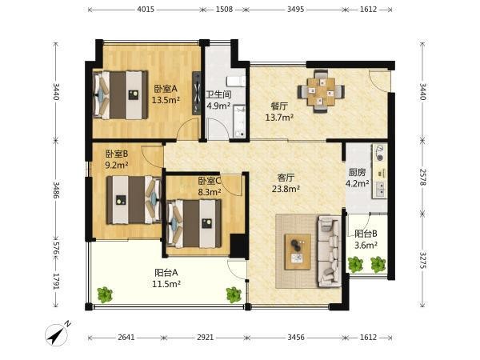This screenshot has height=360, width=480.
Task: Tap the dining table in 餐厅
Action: pyautogui.click(x=321, y=91)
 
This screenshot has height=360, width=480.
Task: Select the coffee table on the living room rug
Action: pyautogui.click(x=298, y=252)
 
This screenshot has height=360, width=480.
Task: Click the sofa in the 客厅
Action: pyautogui.click(x=330, y=251)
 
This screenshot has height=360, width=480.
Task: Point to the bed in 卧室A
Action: pyautogui.click(x=120, y=95)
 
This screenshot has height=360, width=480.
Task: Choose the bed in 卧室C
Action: pyautogui.click(x=194, y=223)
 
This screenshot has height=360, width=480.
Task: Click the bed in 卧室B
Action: pyautogui.click(x=134, y=200)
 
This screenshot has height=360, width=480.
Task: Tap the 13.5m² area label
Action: pyautogui.click(x=166, y=100)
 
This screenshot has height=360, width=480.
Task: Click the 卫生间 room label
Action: pyautogui.click(x=218, y=94)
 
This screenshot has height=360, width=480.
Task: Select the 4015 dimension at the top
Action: pyautogui.click(x=146, y=9)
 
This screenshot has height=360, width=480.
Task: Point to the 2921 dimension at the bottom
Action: pyautogui.click(x=205, y=338)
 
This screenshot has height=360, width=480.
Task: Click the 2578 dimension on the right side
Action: pyautogui.click(x=422, y=177)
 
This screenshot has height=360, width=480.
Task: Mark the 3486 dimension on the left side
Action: pyautogui.click(x=56, y=190)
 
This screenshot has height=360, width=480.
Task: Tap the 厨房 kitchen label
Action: pyautogui.click(x=357, y=172)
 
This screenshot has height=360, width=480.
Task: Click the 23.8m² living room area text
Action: pyautogui.click(x=286, y=189)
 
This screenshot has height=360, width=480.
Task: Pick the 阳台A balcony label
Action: pyautogui.click(x=166, y=272)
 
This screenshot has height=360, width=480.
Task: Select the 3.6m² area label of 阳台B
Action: pyautogui.click(x=366, y=245)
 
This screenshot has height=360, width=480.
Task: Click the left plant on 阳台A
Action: pyautogui.click(x=105, y=294)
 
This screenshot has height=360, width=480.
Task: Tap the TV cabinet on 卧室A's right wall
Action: pyautogui.click(x=197, y=93)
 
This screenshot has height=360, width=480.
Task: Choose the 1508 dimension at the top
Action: pyautogui.click(x=224, y=9)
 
